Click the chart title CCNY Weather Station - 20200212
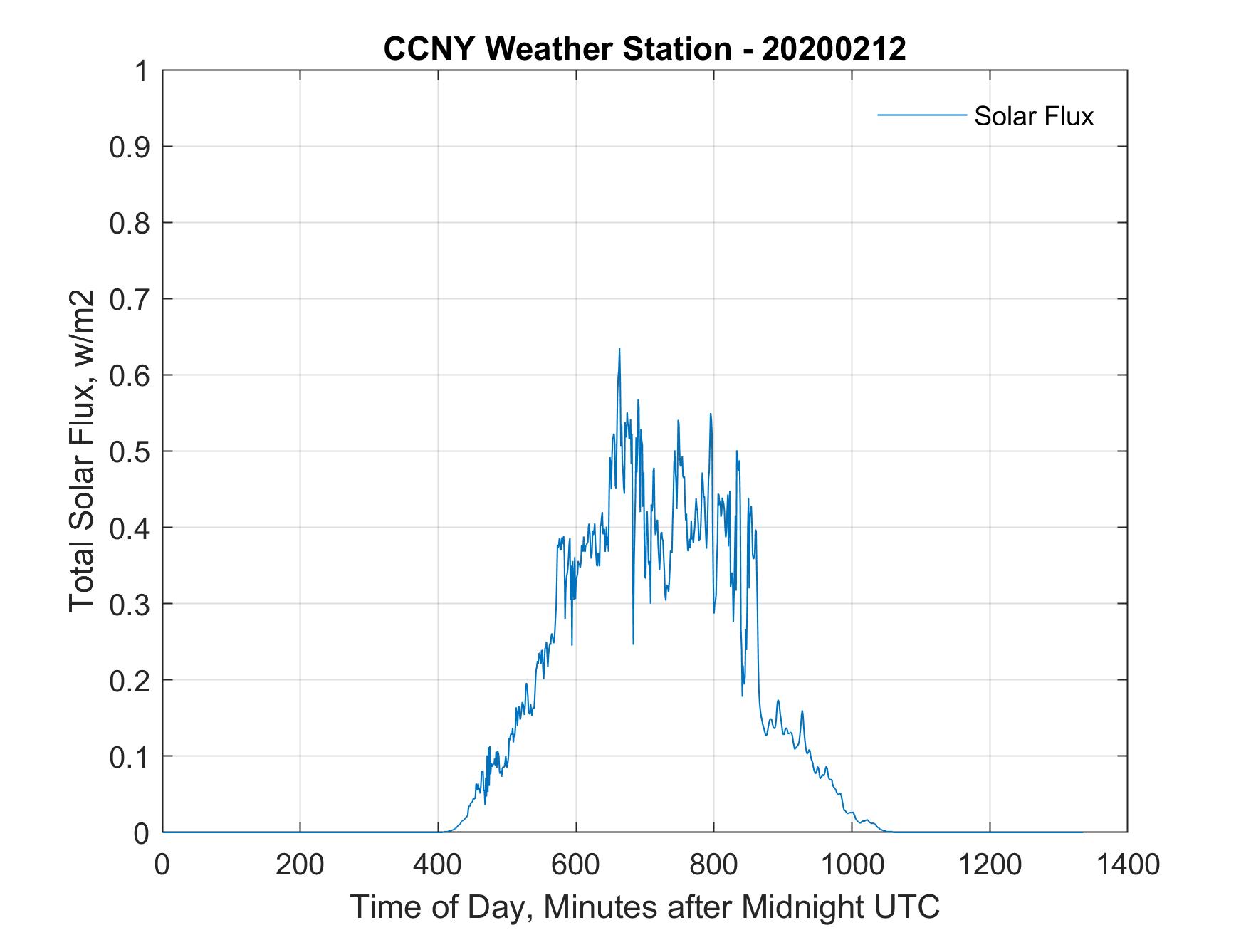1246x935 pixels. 644,49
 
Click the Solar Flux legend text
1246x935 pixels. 1033,116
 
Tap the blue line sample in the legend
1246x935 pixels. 921,115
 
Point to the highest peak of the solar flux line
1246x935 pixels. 619,349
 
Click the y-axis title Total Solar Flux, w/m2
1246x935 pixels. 83,451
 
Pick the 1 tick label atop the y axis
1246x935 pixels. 145,71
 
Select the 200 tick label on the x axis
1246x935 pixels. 300,865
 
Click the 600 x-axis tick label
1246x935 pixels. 575,865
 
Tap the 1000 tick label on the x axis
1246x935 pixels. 851,865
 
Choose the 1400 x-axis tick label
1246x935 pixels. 1126,865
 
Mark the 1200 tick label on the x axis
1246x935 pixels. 989,865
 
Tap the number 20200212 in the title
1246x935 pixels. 834,49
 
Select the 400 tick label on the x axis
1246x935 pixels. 438,865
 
